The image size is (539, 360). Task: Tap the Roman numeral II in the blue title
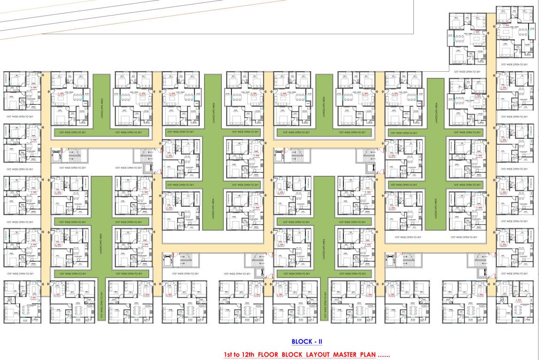pos(319,342)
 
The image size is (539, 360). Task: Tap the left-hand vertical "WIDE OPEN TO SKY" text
pos(101,305)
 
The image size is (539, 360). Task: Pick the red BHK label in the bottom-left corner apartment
pos(32,298)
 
